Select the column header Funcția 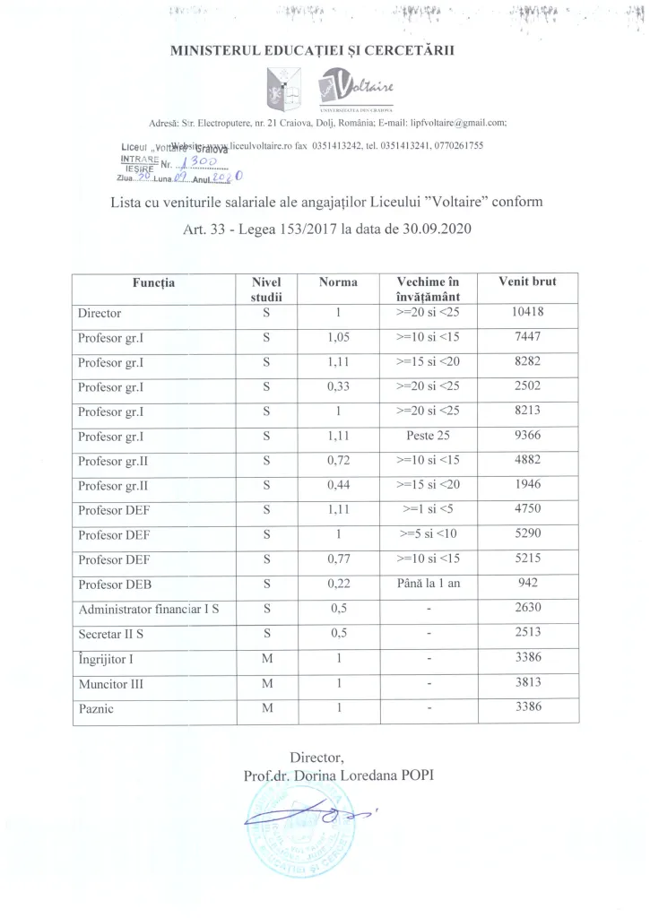click(x=152, y=282)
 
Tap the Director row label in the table click(x=100, y=314)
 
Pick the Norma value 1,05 click(x=337, y=338)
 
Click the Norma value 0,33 click(x=337, y=387)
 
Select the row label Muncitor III click(x=112, y=684)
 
